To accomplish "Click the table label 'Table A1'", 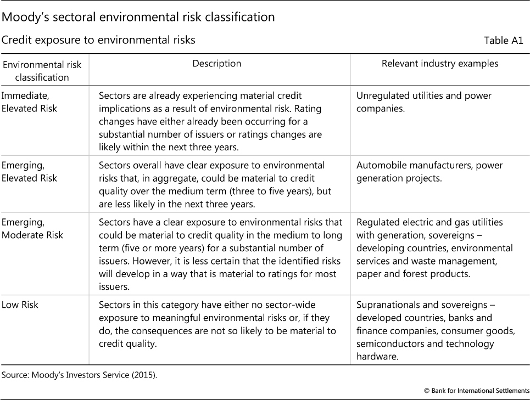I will click(x=503, y=41).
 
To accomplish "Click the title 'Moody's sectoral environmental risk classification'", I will click(x=138, y=17).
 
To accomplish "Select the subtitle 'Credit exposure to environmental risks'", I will click(x=99, y=40).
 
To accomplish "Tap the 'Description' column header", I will click(x=216, y=64).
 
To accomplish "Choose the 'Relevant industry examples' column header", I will click(x=440, y=64).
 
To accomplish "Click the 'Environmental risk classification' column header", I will click(x=42, y=71).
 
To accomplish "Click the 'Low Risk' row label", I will click(x=20, y=305).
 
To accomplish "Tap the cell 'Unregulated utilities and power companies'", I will click(x=423, y=102).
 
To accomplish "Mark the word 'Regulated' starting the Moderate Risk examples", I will click(x=378, y=222).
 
